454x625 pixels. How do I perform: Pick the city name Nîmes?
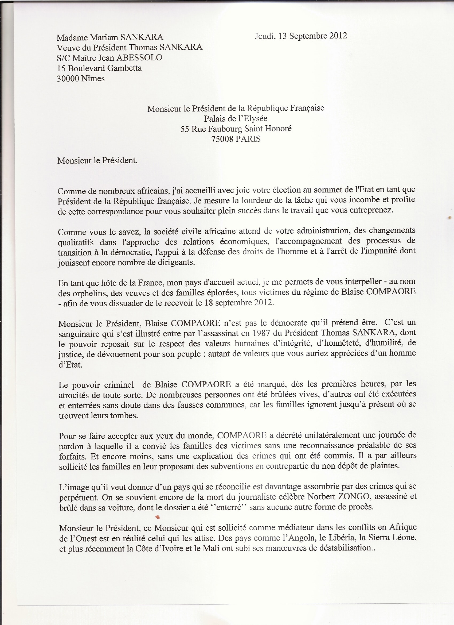coord(94,79)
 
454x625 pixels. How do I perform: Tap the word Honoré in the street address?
coord(279,129)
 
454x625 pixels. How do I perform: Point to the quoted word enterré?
coord(228,507)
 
